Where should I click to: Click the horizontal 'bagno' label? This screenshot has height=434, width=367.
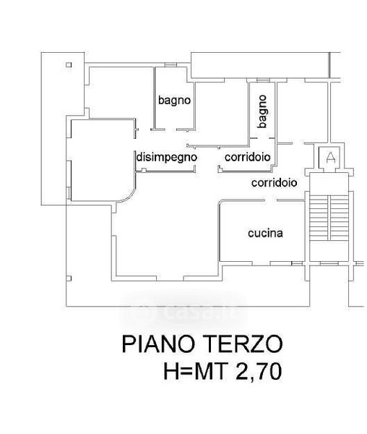coord(174,101)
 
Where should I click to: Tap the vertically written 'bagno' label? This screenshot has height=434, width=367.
coord(262,111)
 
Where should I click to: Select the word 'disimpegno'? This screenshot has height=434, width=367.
coord(167,158)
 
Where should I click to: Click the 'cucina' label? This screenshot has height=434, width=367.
coord(265,233)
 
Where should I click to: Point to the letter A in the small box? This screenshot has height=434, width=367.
coord(331,158)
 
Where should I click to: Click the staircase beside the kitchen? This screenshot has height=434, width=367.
coord(329,218)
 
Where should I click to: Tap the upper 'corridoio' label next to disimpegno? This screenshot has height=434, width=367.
coord(248,157)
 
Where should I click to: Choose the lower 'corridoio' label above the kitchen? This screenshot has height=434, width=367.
coord(274,183)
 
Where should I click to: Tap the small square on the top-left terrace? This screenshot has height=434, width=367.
coord(69,65)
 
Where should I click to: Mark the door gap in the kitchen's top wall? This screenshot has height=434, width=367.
coord(271,200)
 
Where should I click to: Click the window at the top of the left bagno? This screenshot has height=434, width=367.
coord(170,65)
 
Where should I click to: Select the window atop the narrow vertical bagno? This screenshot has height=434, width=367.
coord(263,80)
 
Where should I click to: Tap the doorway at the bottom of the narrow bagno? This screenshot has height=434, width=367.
coord(263,138)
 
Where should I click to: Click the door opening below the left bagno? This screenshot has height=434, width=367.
coord(170,129)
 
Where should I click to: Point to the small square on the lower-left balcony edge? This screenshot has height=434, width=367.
coord(69,278)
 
